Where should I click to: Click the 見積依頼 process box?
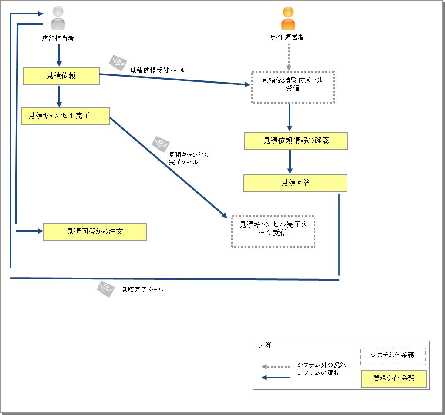click(x=61, y=76)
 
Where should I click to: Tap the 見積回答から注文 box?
click(x=94, y=232)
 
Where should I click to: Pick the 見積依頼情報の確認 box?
click(x=296, y=141)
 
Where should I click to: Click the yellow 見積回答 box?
click(x=295, y=183)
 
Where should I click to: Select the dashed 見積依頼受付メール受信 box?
click(x=293, y=87)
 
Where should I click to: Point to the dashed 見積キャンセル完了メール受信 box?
click(x=273, y=231)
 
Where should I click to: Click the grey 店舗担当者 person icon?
click(x=57, y=18)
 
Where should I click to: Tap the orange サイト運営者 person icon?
click(x=288, y=18)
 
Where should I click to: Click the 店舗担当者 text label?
click(x=58, y=38)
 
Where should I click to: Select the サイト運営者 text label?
click(x=287, y=37)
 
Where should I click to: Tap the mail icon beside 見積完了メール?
click(x=105, y=289)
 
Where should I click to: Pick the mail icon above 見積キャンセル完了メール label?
click(x=160, y=144)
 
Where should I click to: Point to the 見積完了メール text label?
click(x=142, y=290)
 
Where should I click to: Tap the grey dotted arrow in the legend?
click(x=275, y=367)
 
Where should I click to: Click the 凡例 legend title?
click(x=264, y=345)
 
